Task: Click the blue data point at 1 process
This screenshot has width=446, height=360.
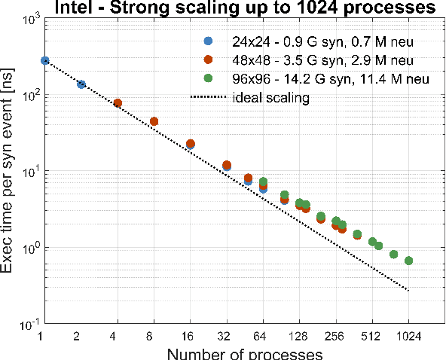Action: pyautogui.click(x=44, y=60)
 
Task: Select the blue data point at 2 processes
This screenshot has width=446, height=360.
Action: pyautogui.click(x=81, y=84)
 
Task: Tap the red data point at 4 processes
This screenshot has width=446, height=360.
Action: pyautogui.click(x=118, y=103)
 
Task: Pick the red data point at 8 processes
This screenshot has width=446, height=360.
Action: pyautogui.click(x=154, y=121)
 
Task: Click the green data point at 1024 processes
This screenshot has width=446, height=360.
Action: pyautogui.click(x=408, y=261)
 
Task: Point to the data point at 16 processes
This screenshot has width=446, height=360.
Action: pyautogui.click(x=191, y=144)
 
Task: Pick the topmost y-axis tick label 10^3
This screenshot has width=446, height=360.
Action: pyautogui.click(x=28, y=18)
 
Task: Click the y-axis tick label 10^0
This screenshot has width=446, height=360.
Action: pyautogui.click(x=28, y=246)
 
